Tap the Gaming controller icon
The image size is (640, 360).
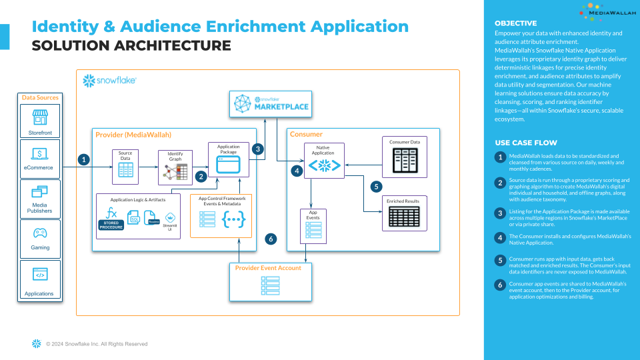[40, 233]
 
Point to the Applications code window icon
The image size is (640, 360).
[40, 274]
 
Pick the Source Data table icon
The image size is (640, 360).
[125, 170]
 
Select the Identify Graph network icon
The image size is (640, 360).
[175, 173]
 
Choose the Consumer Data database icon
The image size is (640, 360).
[405, 161]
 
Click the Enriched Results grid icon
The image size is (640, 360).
[405, 217]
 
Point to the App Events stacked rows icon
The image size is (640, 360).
[313, 229]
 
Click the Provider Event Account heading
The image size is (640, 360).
[267, 267]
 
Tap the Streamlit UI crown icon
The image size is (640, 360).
[170, 217]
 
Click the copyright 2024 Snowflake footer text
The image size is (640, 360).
[97, 344]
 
